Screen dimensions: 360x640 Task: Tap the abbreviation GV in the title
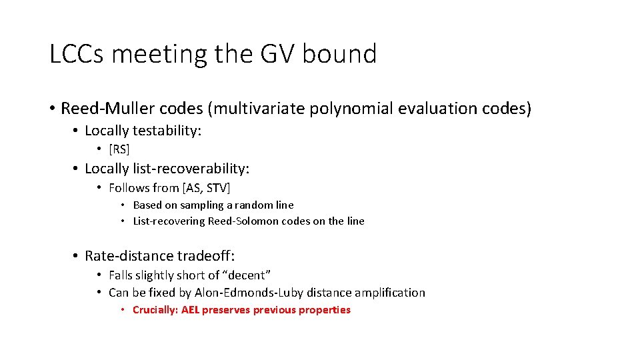click(274, 54)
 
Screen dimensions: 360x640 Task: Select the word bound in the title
click(339, 54)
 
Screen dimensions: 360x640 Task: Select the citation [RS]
click(119, 149)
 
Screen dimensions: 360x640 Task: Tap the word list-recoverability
click(187, 169)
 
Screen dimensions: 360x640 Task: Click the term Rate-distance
click(129, 255)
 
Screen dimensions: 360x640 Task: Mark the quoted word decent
click(247, 275)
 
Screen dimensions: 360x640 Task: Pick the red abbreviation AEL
click(190, 310)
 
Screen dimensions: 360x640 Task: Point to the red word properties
click(325, 310)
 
